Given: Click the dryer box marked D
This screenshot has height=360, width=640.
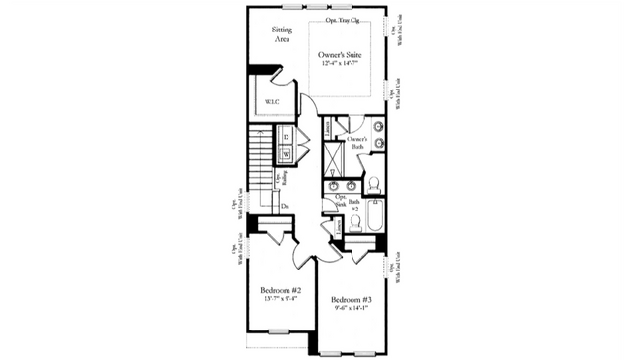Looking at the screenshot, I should click(287, 137).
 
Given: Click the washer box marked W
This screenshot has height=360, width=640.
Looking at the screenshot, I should click(287, 154).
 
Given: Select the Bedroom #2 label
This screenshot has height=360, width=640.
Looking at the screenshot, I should click(281, 291).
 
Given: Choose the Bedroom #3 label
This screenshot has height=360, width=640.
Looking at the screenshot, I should click(351, 299).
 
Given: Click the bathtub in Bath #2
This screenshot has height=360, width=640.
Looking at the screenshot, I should click(375, 215).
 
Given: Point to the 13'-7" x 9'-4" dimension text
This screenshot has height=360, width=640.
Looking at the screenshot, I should click(281, 301).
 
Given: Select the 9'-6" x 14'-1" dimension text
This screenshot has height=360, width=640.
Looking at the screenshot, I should click(351, 309).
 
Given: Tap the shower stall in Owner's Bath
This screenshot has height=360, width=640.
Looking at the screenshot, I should click(335, 155).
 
